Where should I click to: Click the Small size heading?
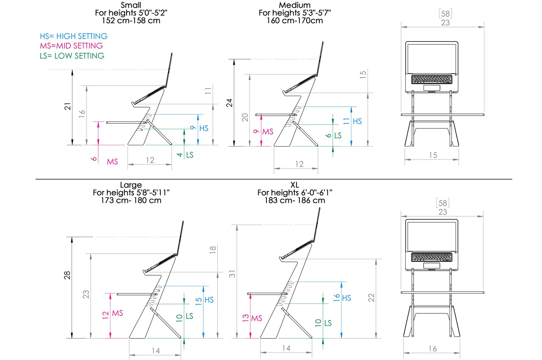click(x=131, y=5)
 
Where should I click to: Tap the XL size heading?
click(x=295, y=185)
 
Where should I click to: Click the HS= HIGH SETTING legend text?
click(x=74, y=36)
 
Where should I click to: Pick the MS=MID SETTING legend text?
click(x=72, y=46)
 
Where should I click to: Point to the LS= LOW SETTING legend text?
click(x=72, y=55)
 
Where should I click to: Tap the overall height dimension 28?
click(x=67, y=275)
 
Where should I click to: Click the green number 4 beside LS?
click(x=180, y=155)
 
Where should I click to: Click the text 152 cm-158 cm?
click(x=131, y=20)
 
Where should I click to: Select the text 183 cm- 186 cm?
click(x=295, y=200)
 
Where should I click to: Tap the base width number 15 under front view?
click(x=432, y=155)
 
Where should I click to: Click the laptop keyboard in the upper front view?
click(x=432, y=79)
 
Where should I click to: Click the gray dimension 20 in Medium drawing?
click(x=244, y=118)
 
